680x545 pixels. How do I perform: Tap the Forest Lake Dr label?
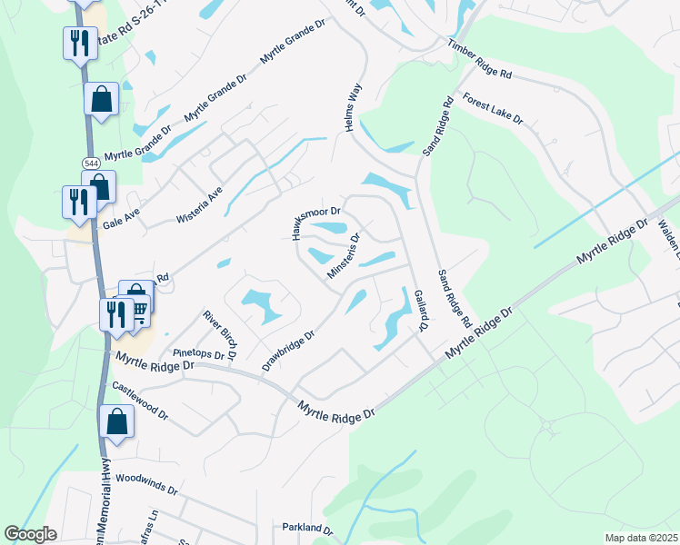(x=493, y=108)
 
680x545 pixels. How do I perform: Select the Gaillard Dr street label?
(x=419, y=309)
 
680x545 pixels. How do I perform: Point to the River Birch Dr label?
(x=221, y=334)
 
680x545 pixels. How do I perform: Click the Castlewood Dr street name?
(x=141, y=400)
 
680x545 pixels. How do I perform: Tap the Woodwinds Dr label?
(x=146, y=482)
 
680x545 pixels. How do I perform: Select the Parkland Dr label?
(x=307, y=528)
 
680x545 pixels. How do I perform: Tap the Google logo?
(x=31, y=534)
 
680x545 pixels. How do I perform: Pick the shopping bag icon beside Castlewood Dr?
(x=116, y=421)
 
